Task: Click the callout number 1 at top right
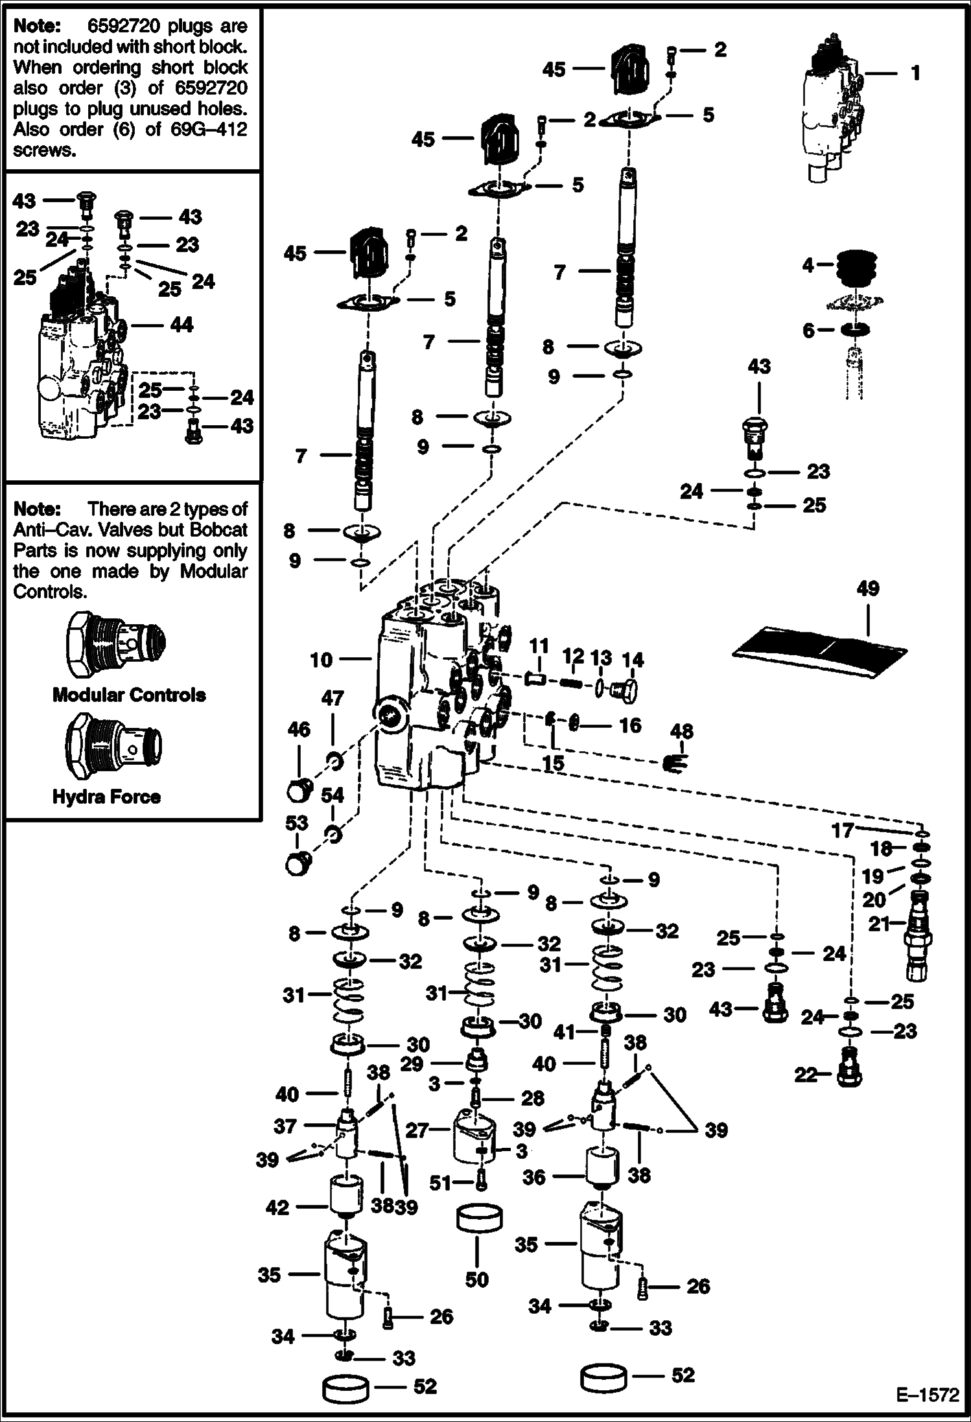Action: point(915,73)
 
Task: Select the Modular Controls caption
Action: point(129,695)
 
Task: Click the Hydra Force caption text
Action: point(106,797)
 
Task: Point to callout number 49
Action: point(867,589)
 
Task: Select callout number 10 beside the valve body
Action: point(321,660)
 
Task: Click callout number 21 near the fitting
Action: point(879,924)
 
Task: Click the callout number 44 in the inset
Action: point(181,325)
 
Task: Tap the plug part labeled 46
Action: point(299,791)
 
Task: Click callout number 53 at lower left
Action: point(297,822)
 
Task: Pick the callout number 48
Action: point(681,732)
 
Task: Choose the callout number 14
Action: point(633,660)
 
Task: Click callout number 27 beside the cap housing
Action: point(417,1130)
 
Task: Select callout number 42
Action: point(277,1207)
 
